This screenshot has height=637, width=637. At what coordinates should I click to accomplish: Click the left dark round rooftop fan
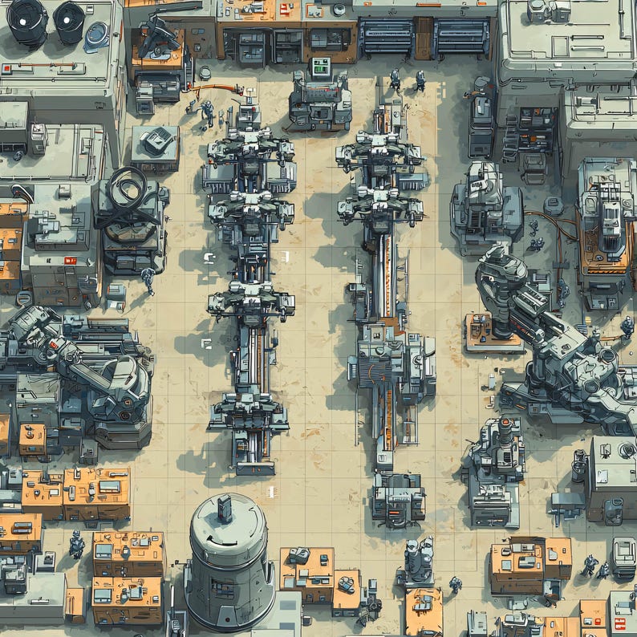[x=27, y=19]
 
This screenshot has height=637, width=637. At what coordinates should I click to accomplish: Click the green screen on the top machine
[x=321, y=67]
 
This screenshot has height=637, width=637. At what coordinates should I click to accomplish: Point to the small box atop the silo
[x=225, y=507]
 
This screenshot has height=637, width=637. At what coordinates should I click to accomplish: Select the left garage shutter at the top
[x=385, y=37]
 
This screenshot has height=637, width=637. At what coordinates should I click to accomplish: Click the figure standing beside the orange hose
[x=207, y=112]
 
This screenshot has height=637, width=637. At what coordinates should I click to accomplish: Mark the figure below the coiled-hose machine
[x=148, y=278]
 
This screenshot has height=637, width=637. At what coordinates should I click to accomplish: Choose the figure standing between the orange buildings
[x=76, y=545]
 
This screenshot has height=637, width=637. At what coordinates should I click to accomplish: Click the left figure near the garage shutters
[x=395, y=79]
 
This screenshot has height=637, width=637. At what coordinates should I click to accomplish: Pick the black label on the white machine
[x=480, y=181]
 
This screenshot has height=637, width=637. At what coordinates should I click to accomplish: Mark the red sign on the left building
[x=69, y=260]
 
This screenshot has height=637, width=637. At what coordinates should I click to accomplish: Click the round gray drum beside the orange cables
[x=552, y=206]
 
